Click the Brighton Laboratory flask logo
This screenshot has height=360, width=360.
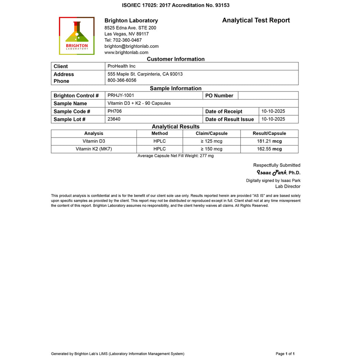pyautogui.click(x=77, y=36)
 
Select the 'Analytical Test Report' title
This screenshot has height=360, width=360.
pyautogui.click(x=256, y=20)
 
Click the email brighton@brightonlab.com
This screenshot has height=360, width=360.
pyautogui.click(x=131, y=46)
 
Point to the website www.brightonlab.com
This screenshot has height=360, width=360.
pyautogui.click(x=126, y=52)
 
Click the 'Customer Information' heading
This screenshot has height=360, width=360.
pyautogui.click(x=176, y=59)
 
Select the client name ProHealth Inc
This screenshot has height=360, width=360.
pyautogui.click(x=121, y=66)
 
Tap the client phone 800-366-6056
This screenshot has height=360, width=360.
pyautogui.click(x=122, y=80)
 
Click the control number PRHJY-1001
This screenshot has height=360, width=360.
pyautogui.click(x=121, y=95)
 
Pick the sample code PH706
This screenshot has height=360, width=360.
pyautogui.click(x=114, y=111)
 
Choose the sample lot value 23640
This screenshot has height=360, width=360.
pyautogui.click(x=114, y=119)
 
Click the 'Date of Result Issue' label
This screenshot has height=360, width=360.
pyautogui.click(x=229, y=120)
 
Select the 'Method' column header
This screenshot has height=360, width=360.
pyautogui.click(x=159, y=134)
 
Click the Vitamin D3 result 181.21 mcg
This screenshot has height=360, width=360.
pyautogui.click(x=269, y=141)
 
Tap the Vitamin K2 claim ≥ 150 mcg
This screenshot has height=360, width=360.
pyautogui.click(x=211, y=149)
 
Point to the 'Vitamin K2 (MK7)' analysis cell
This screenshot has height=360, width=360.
pyautogui.click(x=94, y=149)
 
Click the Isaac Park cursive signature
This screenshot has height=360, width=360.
pyautogui.click(x=271, y=172)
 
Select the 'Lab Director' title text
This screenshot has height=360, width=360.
pyautogui.click(x=288, y=186)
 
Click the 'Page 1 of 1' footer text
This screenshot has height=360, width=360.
pyautogui.click(x=285, y=354)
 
